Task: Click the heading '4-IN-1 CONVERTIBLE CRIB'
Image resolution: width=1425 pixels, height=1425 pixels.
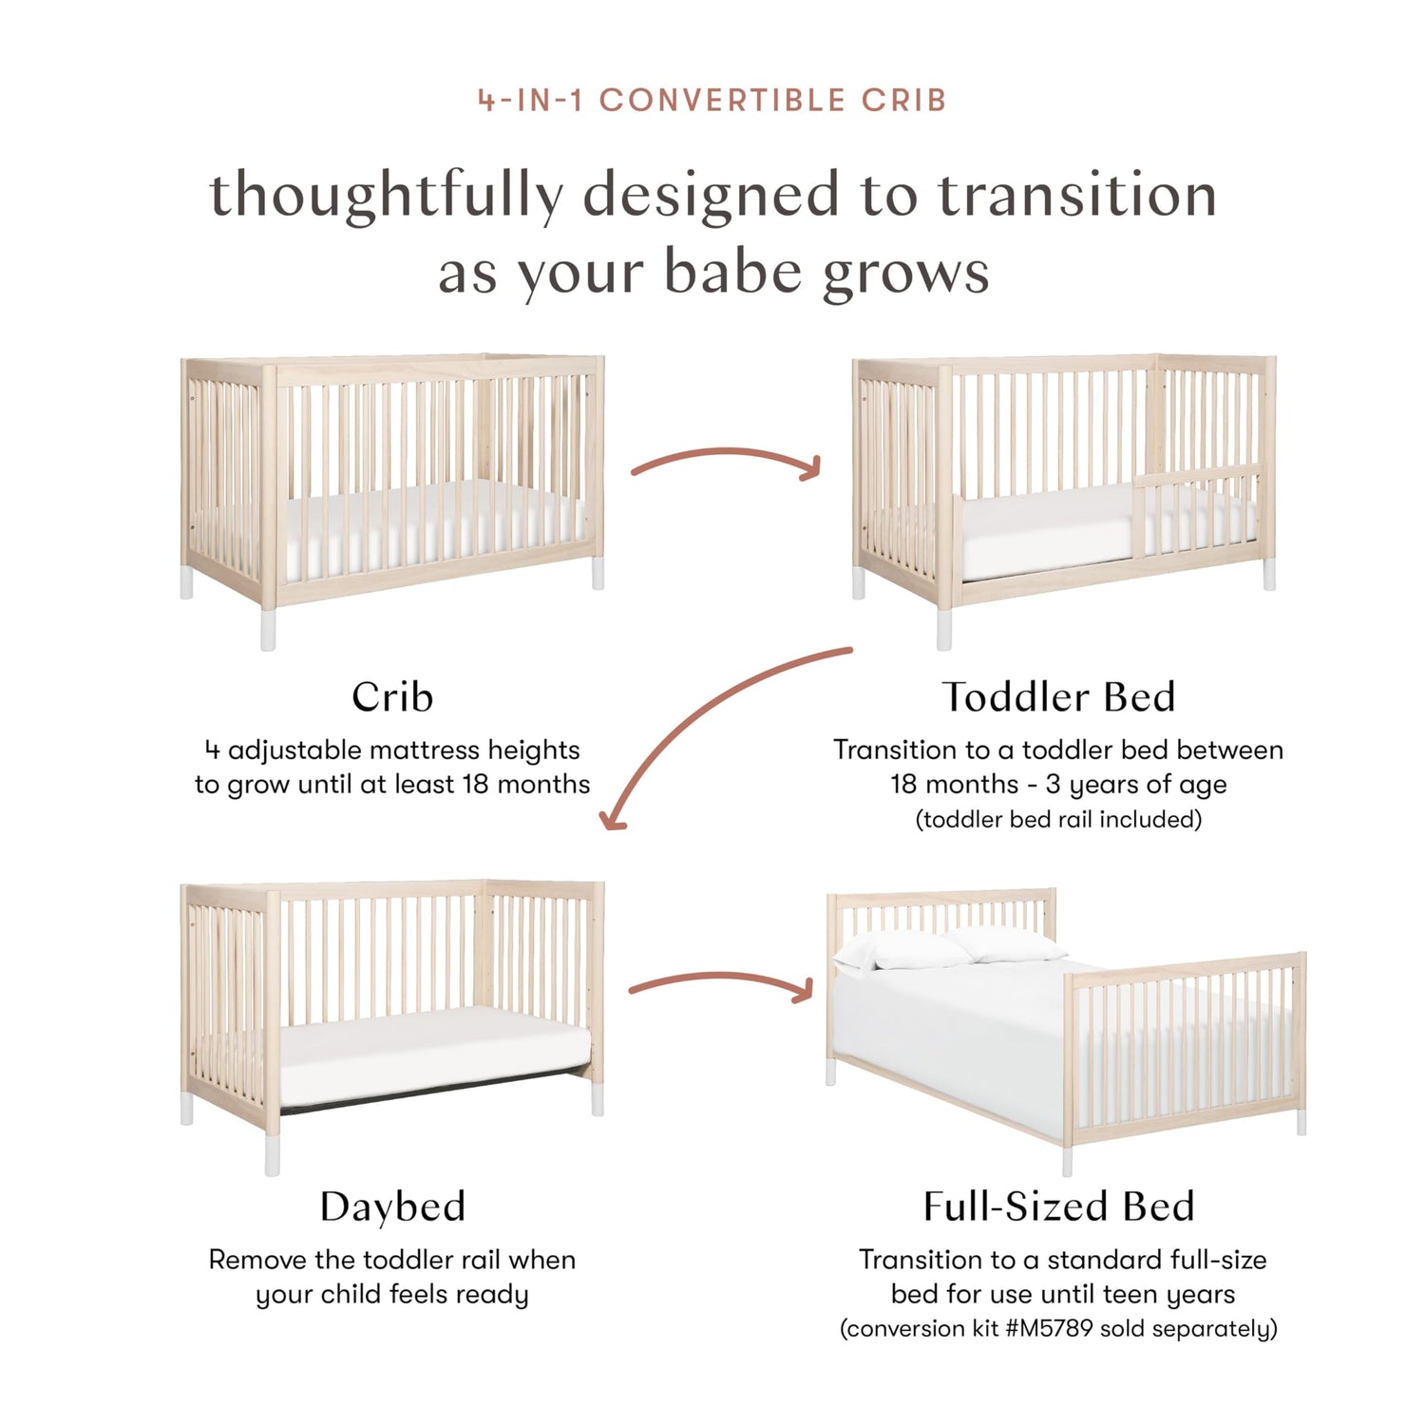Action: pos(712,100)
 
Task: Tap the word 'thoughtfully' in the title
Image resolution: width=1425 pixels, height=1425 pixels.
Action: pos(386,196)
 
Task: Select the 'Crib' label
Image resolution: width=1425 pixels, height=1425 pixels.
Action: pos(392,696)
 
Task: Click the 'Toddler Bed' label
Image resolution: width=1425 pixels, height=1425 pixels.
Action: pos(1059,696)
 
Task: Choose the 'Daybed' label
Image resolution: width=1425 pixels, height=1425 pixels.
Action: pos(392,1207)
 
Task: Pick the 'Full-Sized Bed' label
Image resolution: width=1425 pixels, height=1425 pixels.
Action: pos(1059,1206)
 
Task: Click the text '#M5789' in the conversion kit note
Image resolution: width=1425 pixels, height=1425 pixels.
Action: pos(1049,1328)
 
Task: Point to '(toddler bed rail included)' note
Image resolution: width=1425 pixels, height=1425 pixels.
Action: pos(1058,819)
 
